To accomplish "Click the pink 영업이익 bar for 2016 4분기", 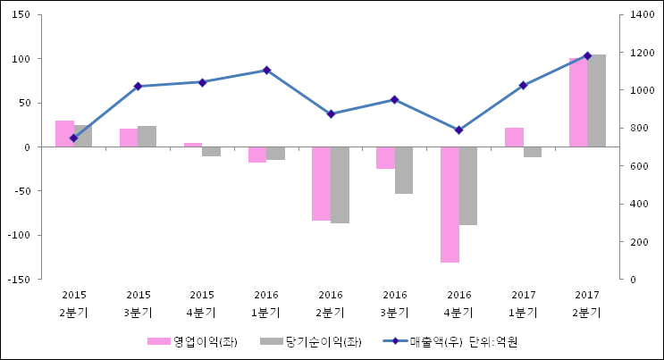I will [x=450, y=205].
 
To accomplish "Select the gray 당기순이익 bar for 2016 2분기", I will [x=340, y=185].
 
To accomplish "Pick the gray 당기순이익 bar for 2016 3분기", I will [x=404, y=170].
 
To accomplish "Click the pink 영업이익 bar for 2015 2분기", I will [x=64, y=133].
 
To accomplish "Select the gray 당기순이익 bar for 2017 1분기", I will [x=532, y=152].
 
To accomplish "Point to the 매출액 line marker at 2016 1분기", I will [x=266, y=70].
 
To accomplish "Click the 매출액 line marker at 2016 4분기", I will [x=458, y=130].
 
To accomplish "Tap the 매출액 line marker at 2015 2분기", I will [x=73, y=138].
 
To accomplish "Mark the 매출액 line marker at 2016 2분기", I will [x=331, y=114].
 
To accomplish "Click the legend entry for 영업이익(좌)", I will [x=192, y=341].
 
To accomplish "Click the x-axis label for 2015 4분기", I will [x=202, y=304].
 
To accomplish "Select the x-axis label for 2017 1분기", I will [x=523, y=304].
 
